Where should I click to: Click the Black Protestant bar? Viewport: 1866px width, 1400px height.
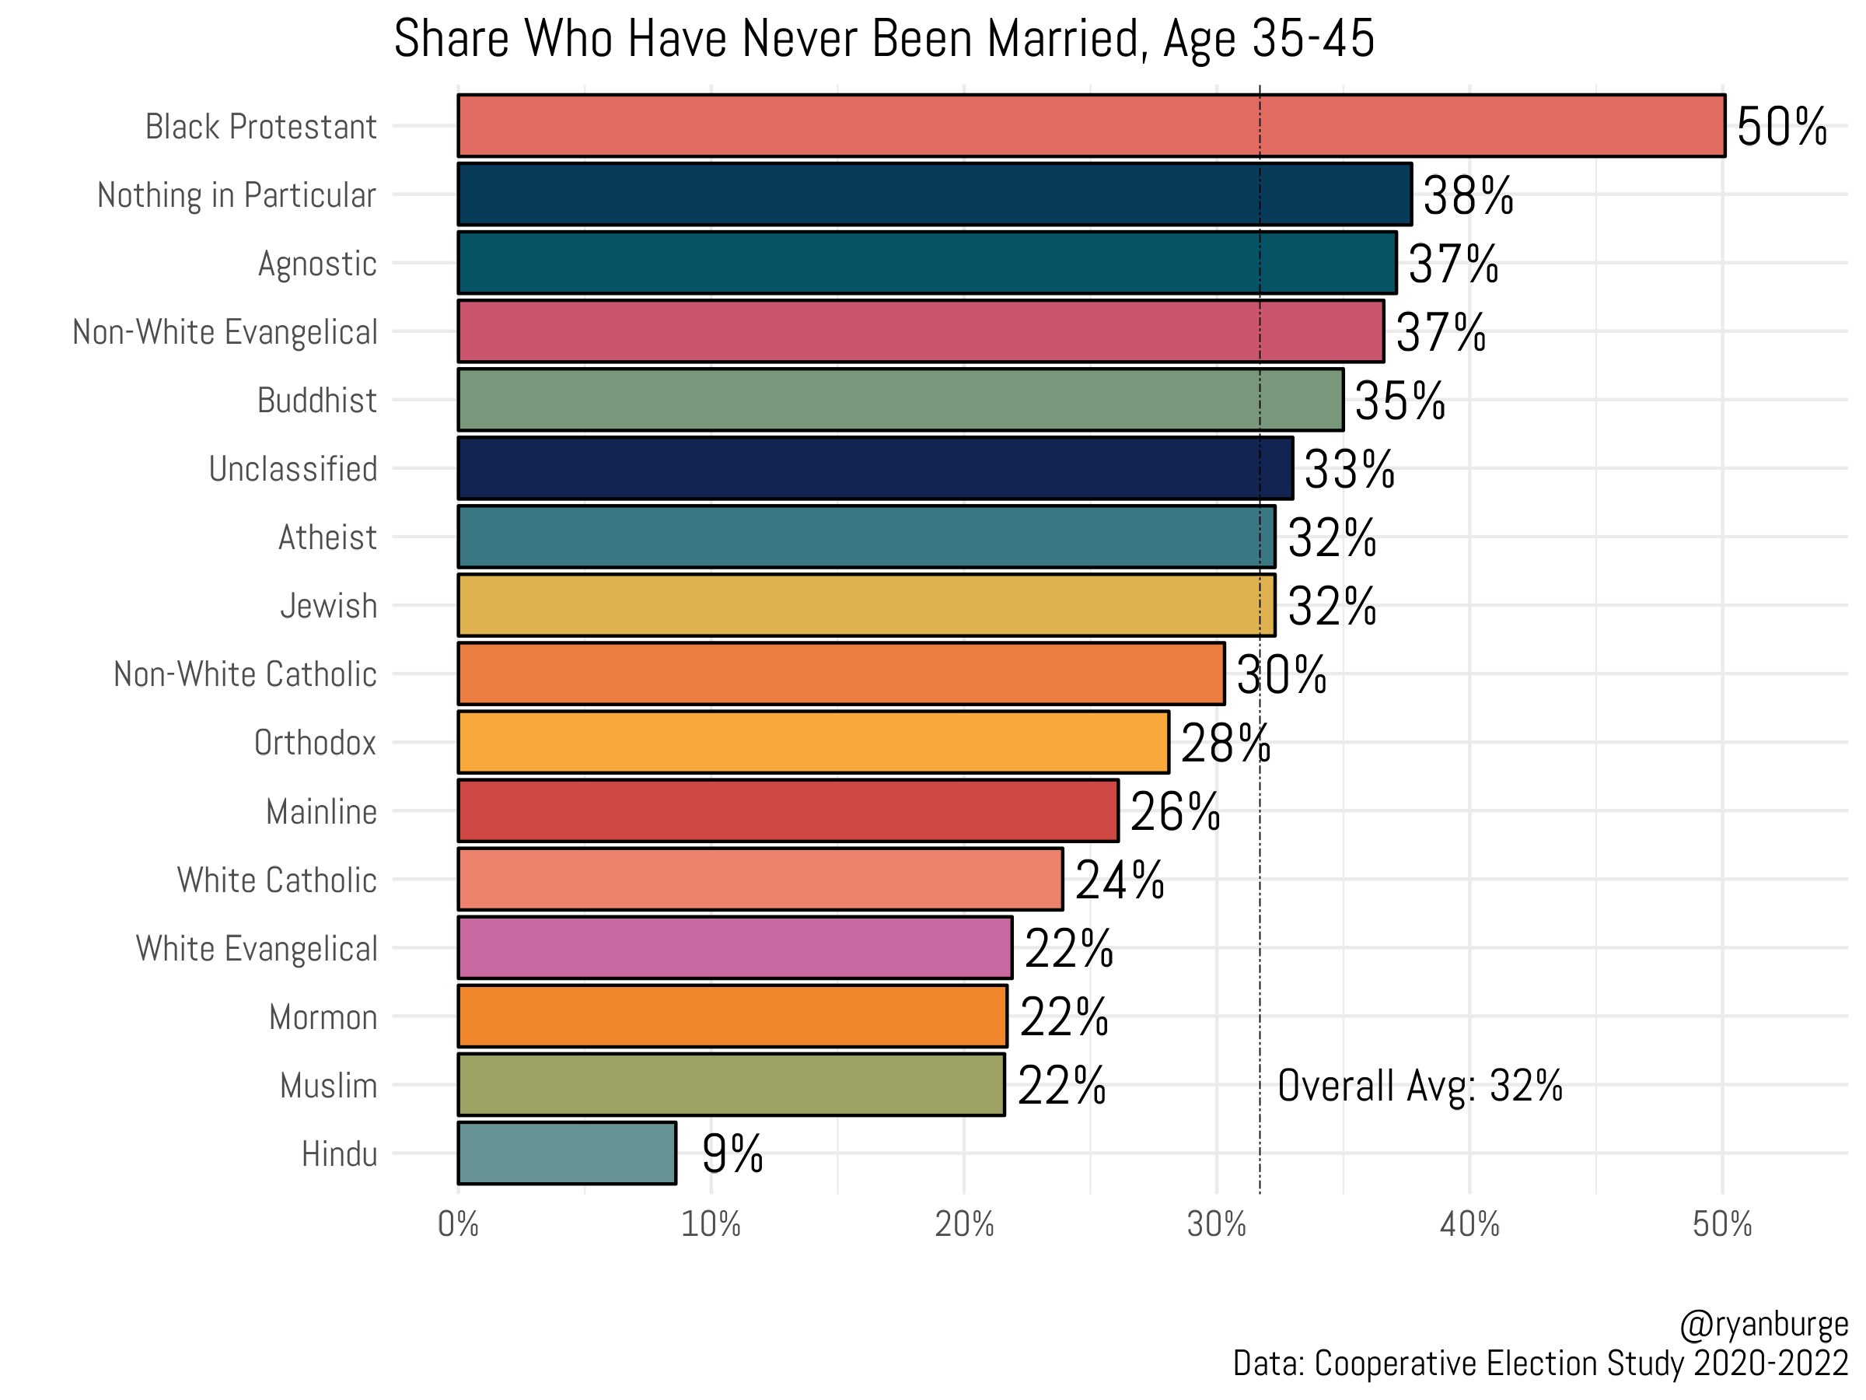point(1091,126)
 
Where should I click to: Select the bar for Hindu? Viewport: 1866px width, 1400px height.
point(567,1153)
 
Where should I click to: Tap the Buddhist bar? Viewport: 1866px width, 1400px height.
point(900,399)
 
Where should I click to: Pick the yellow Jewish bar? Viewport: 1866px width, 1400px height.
point(866,605)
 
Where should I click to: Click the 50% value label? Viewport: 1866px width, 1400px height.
point(1780,128)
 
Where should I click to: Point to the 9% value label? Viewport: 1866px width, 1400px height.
point(732,1154)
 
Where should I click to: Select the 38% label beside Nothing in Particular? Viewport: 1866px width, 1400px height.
point(1468,196)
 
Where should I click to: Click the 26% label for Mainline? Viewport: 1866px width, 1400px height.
point(1174,812)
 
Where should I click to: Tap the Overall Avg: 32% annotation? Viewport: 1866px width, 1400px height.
point(1419,1086)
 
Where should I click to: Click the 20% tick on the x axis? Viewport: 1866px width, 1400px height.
point(963,1224)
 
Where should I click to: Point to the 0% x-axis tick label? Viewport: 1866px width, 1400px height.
point(458,1224)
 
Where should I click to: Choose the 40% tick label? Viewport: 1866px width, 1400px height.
point(1469,1224)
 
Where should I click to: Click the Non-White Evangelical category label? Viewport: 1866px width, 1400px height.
point(225,331)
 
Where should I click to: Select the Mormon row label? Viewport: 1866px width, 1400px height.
point(323,1017)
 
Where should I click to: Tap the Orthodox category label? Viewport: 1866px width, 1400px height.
point(315,743)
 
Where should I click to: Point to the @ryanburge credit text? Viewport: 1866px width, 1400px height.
point(1763,1324)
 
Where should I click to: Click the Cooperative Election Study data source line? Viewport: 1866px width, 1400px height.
point(1539,1363)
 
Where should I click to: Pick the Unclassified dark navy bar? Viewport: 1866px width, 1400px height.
point(875,468)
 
